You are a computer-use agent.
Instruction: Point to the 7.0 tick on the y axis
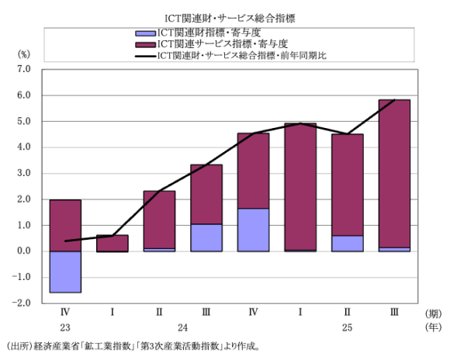(22, 70)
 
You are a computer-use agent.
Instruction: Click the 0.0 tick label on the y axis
(22, 251)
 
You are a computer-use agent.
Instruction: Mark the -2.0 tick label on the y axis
(21, 303)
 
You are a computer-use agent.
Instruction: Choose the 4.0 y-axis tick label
(22, 147)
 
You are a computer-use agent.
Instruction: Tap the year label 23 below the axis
(65, 327)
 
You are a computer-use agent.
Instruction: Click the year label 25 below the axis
(347, 327)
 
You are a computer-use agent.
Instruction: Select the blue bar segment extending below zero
(65, 272)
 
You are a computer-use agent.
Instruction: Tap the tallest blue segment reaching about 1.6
(253, 230)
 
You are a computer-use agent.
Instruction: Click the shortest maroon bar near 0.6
(112, 243)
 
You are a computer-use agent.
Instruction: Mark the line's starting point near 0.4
(65, 241)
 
